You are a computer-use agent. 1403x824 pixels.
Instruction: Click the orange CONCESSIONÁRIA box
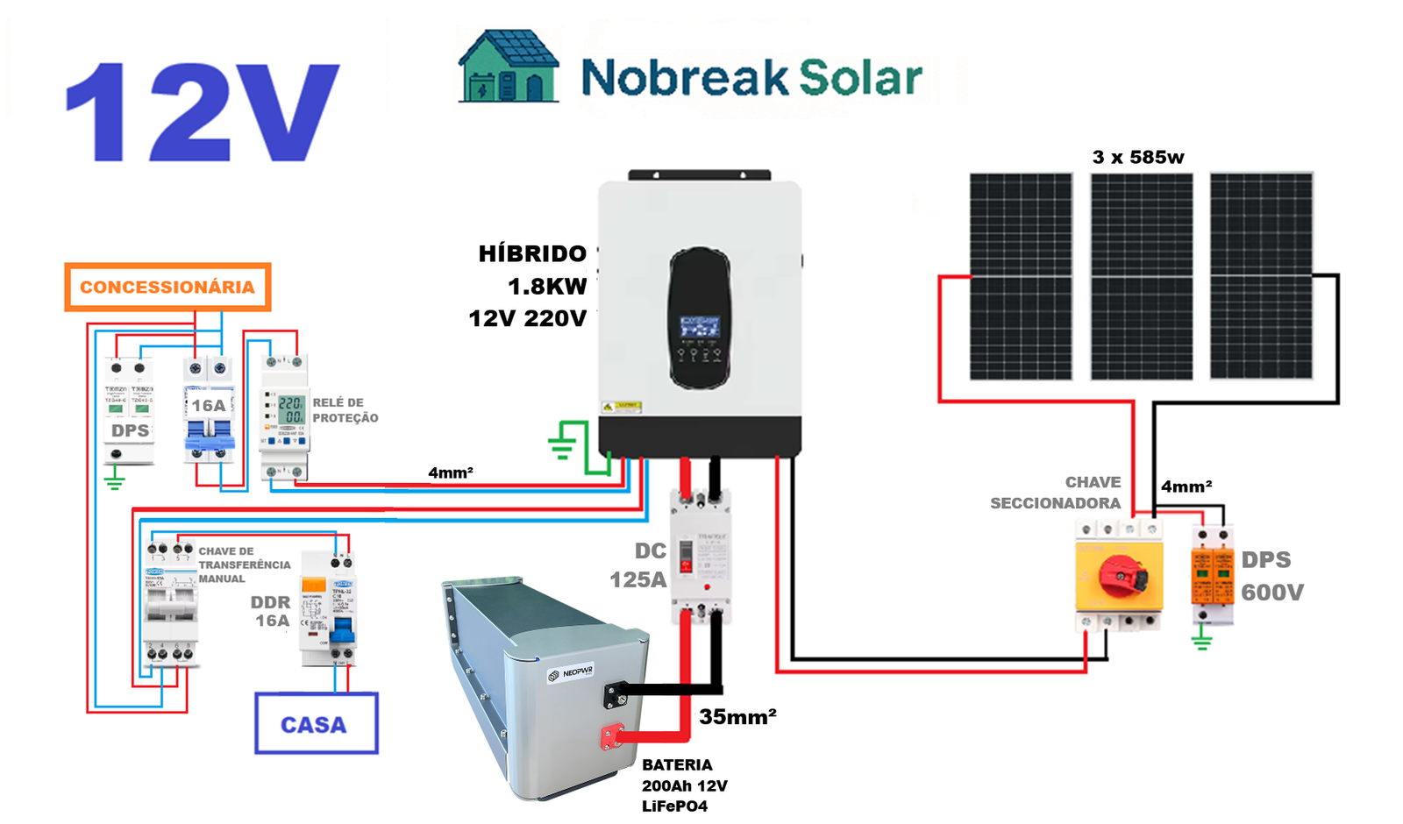(167, 287)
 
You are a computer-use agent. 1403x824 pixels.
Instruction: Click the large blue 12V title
(203, 111)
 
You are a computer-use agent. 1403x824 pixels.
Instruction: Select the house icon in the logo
(508, 67)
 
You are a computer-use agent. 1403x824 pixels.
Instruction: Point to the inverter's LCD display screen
(700, 328)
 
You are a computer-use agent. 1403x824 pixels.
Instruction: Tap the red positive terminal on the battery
(611, 736)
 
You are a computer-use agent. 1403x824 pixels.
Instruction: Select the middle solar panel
(1141, 276)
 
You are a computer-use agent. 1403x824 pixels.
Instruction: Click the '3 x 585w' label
(1137, 158)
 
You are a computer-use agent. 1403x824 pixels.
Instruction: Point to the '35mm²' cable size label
(737, 717)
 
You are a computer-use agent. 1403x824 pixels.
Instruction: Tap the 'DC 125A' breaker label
(639, 565)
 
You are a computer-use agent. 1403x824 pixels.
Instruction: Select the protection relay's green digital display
(290, 409)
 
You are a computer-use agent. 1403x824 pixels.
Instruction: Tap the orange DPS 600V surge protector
(1212, 574)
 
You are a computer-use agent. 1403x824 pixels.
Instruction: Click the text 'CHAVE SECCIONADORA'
(1057, 493)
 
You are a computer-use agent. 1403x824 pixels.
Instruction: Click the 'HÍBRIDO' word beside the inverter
(532, 254)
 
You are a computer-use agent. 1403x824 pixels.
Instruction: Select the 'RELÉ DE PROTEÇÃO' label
(345, 410)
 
